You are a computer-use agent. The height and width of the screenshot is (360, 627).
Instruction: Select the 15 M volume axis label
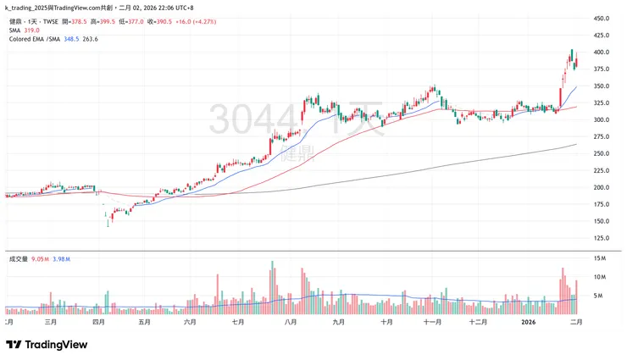599,258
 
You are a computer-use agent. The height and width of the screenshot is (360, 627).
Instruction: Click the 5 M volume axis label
597,296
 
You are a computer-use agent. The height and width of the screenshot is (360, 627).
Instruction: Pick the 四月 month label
98,322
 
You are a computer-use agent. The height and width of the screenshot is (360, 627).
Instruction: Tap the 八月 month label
291,322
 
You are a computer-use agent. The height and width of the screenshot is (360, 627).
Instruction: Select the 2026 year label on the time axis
529,322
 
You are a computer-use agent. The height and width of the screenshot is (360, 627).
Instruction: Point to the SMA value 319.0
32,30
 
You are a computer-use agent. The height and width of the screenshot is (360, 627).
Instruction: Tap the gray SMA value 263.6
90,39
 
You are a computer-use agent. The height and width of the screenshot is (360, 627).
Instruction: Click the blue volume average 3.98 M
62,258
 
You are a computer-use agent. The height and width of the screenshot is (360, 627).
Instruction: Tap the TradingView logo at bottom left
47,345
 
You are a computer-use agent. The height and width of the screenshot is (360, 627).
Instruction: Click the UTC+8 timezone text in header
183,7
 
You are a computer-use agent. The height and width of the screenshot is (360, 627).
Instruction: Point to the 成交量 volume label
19,258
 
